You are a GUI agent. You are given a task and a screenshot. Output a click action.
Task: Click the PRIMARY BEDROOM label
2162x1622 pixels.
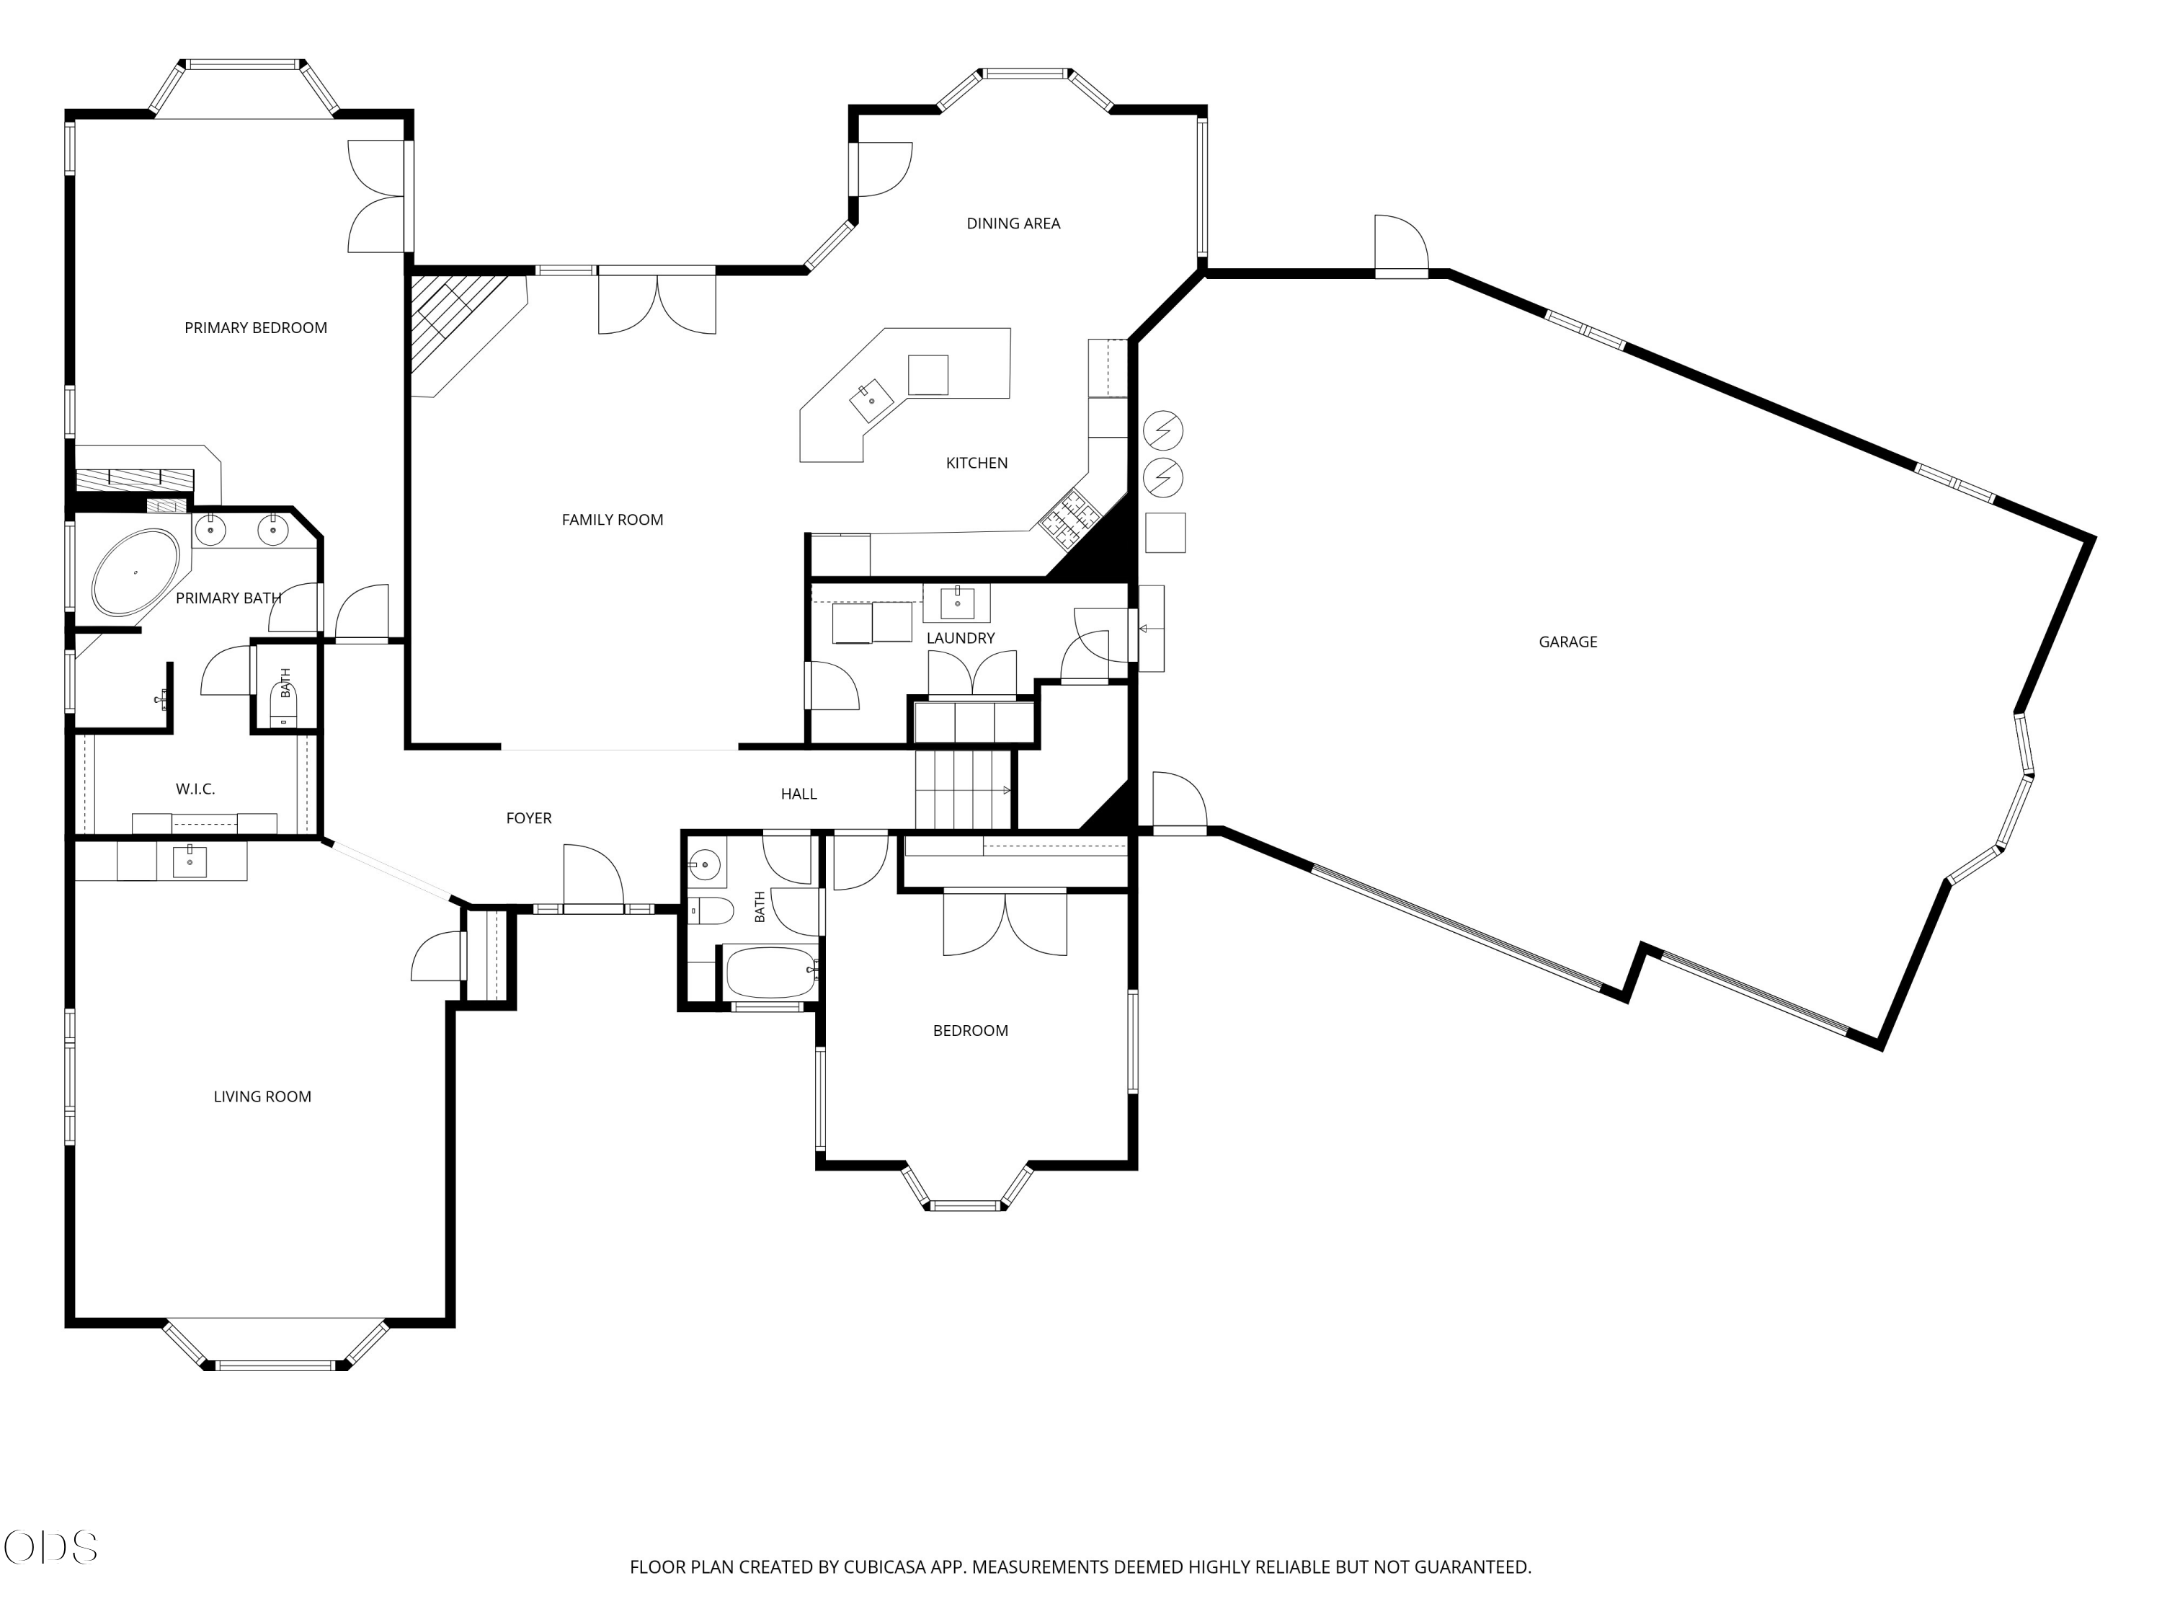click(x=255, y=327)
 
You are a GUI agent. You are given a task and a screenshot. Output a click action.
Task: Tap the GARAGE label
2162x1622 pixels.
click(x=1567, y=642)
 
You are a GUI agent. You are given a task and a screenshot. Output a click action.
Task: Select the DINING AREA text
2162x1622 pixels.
click(x=1013, y=223)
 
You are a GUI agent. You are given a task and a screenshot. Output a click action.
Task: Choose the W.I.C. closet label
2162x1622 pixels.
click(x=195, y=788)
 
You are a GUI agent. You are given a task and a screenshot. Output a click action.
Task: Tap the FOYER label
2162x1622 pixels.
click(x=529, y=817)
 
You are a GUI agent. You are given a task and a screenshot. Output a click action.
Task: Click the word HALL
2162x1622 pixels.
click(x=798, y=793)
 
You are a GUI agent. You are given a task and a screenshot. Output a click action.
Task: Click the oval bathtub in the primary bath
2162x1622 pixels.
click(x=136, y=572)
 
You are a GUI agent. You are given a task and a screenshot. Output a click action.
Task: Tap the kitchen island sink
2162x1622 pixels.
click(x=871, y=402)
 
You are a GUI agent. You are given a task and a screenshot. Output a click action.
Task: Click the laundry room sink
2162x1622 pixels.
click(x=957, y=603)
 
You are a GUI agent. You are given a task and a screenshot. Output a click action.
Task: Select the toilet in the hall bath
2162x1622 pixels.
click(x=710, y=910)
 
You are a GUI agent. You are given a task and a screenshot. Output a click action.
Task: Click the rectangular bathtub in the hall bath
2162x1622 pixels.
click(x=771, y=972)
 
